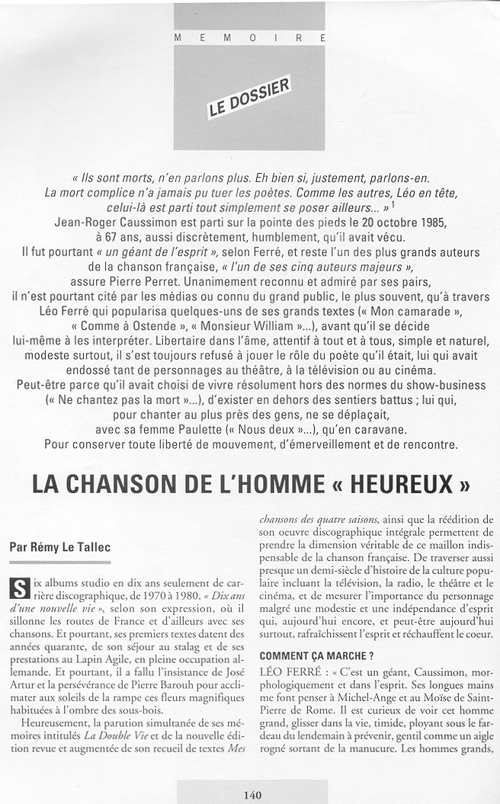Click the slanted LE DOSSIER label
click(248, 97)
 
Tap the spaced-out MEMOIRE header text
click(249, 37)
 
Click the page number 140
click(252, 794)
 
